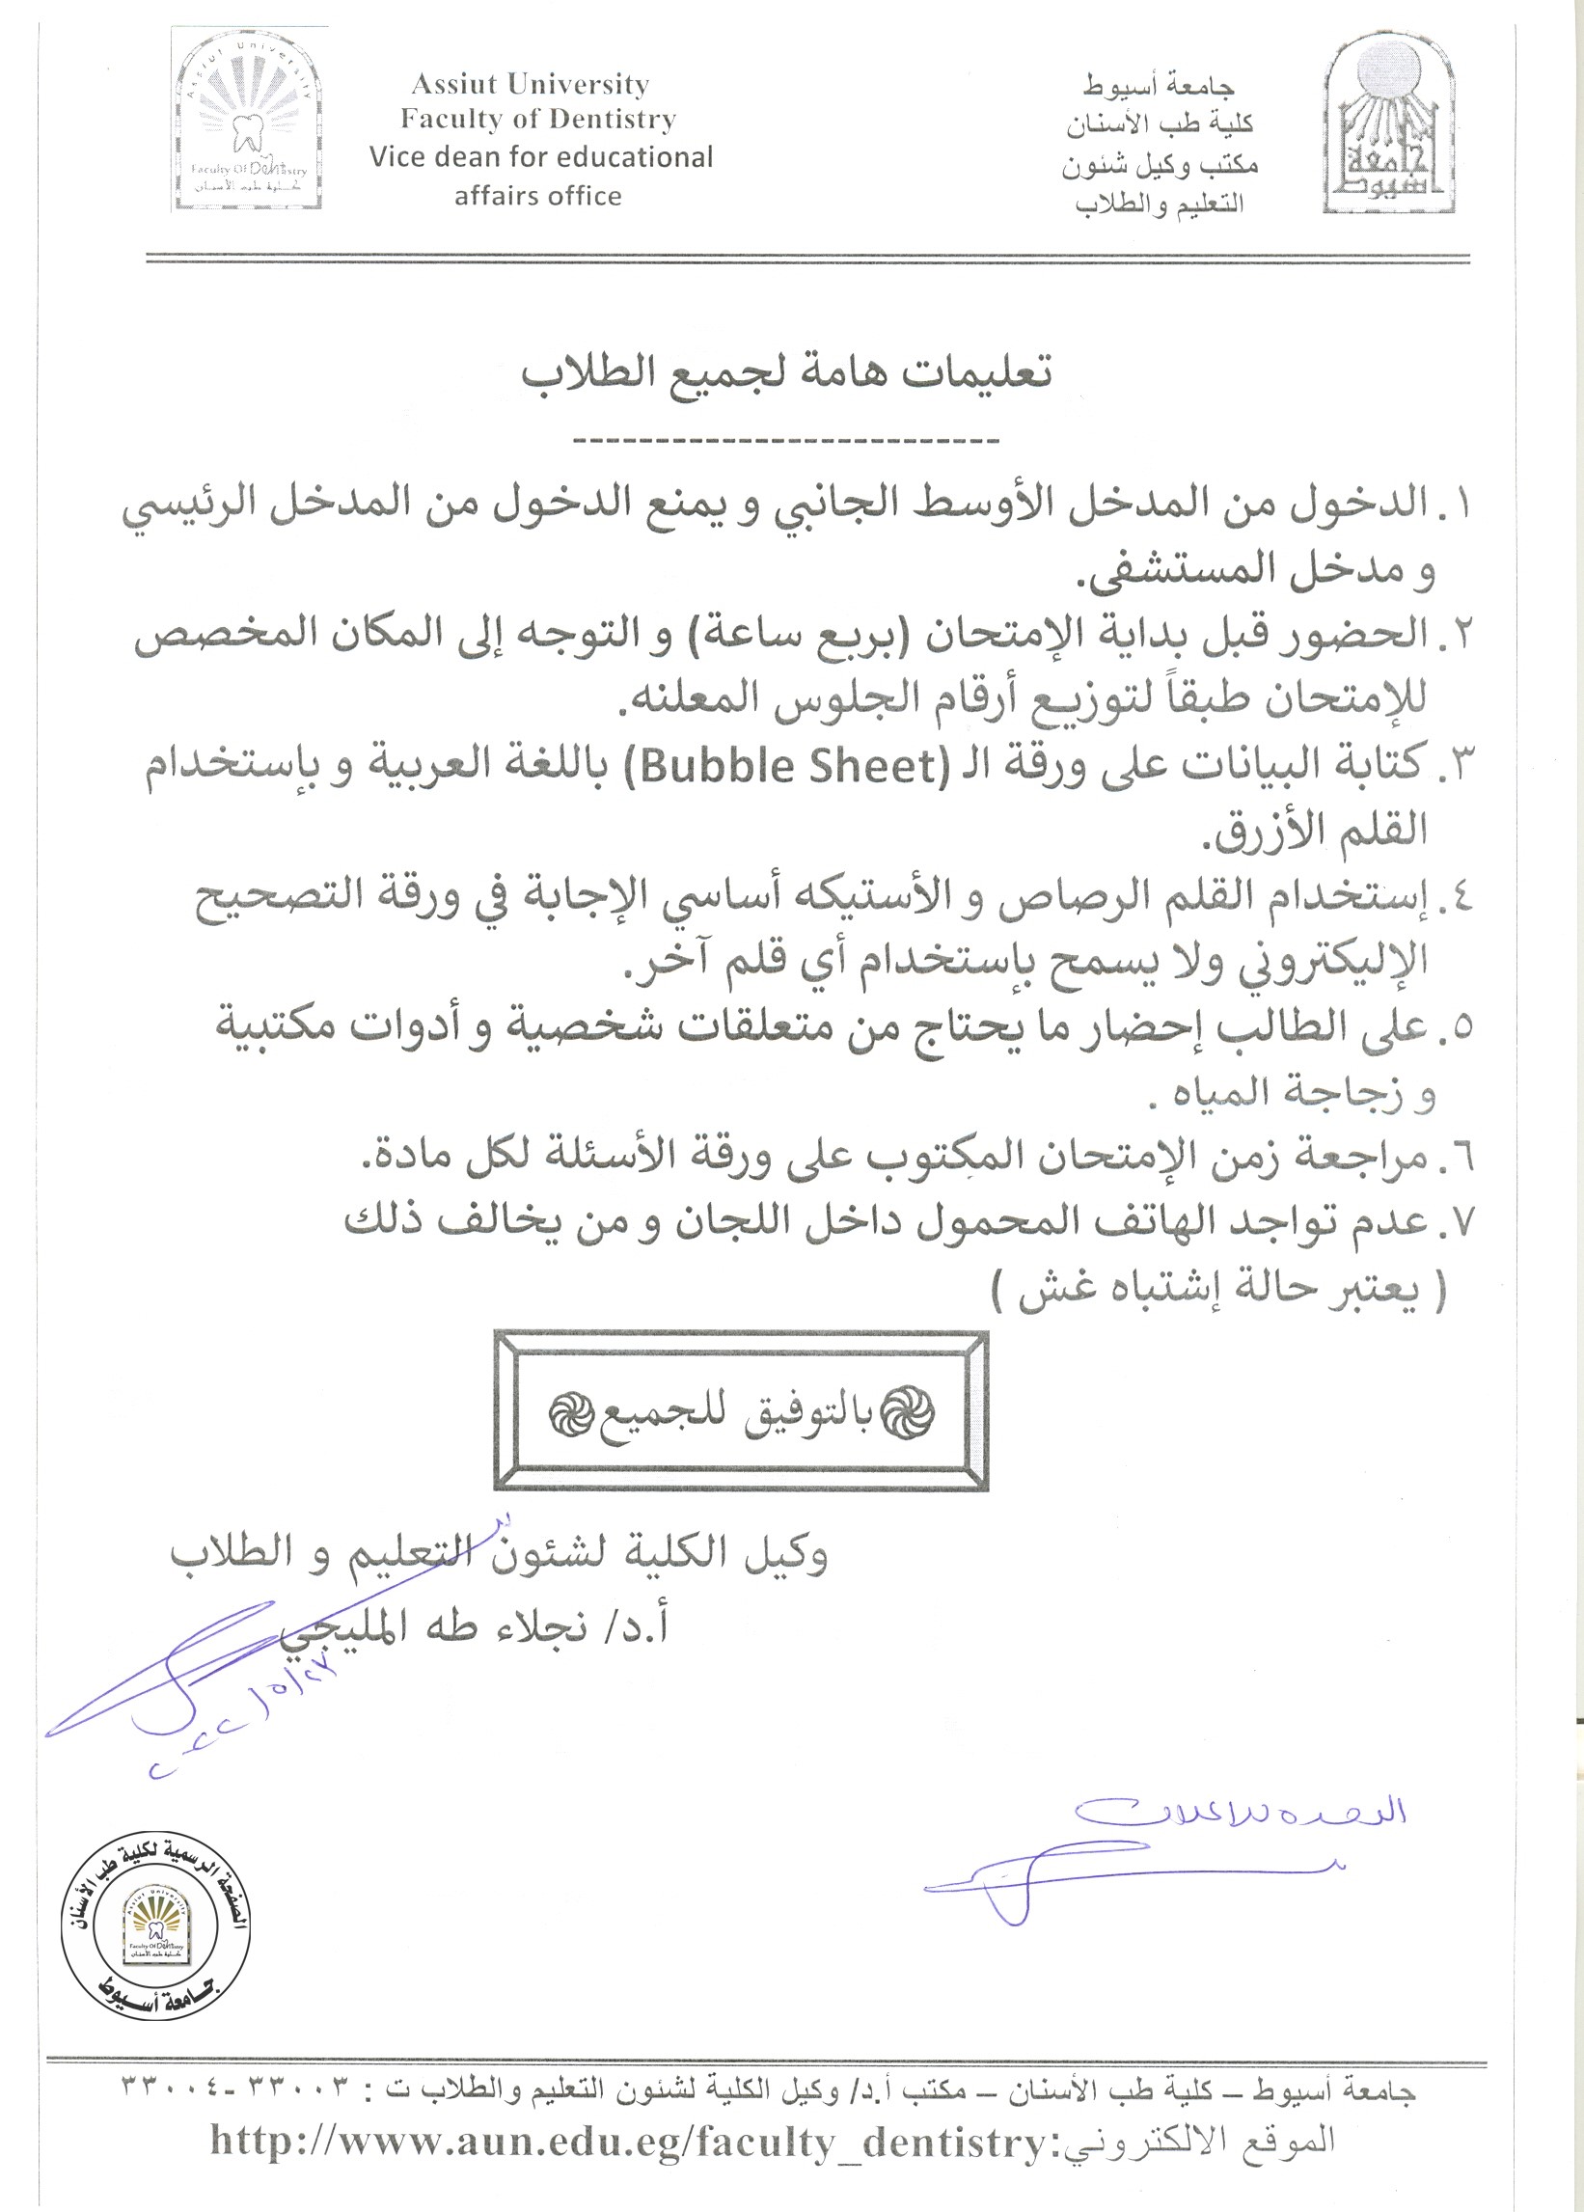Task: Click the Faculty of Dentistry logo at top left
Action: click(248, 119)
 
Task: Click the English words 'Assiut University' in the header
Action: click(531, 85)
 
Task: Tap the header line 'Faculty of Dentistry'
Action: click(538, 119)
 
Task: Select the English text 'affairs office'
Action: click(537, 196)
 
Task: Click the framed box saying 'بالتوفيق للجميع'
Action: click(741, 1410)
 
